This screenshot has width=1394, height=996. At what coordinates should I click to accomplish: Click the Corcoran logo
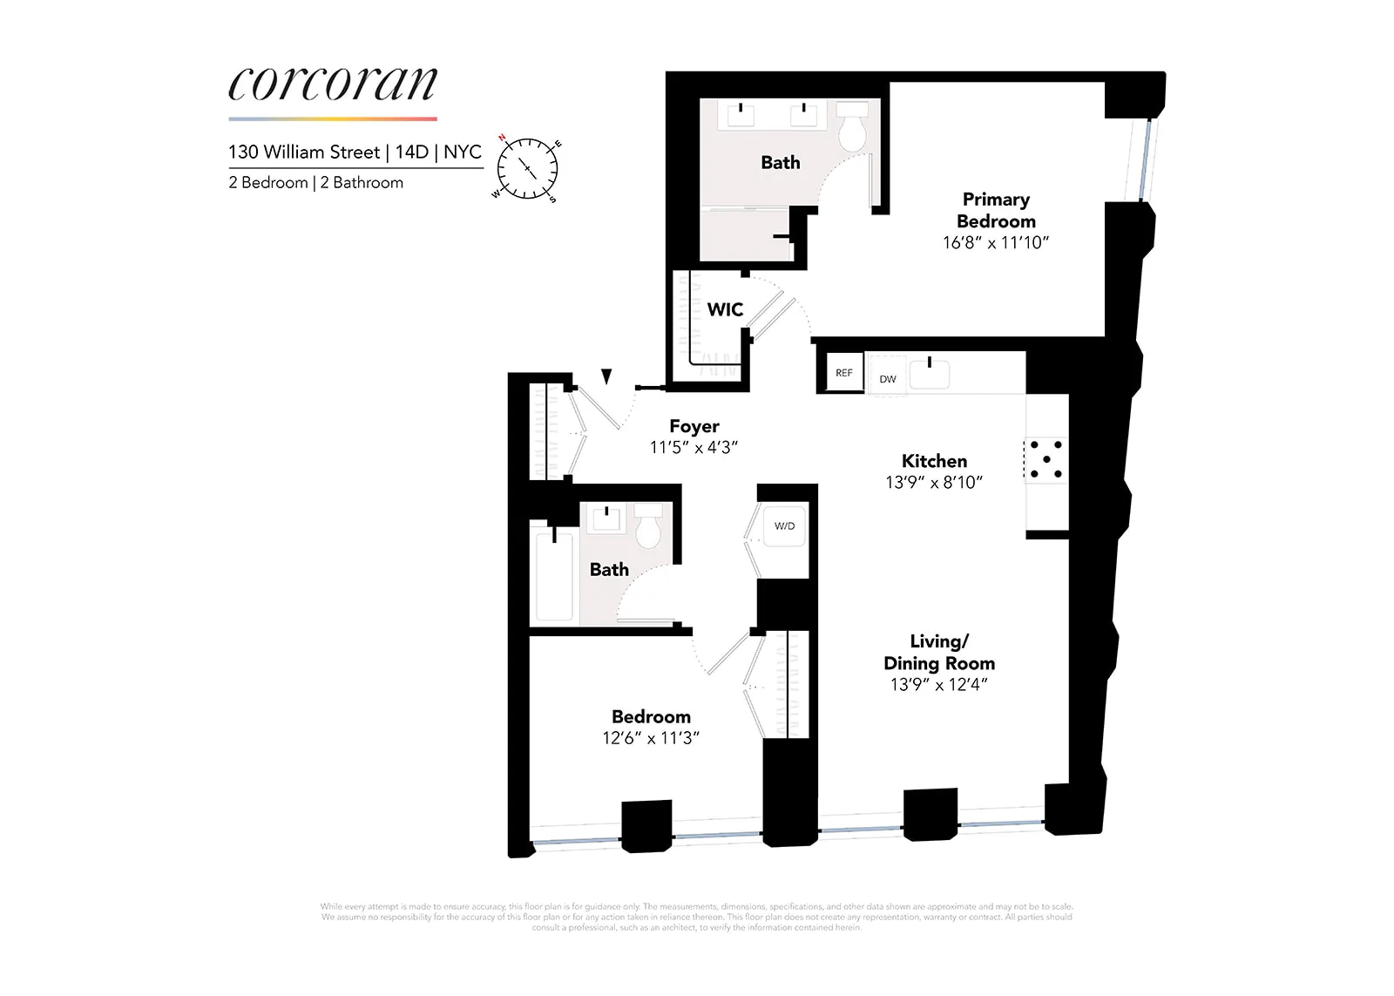coord(333,85)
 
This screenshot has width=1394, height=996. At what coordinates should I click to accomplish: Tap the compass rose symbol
coord(527,167)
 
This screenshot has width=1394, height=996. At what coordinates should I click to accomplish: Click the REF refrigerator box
coord(843,373)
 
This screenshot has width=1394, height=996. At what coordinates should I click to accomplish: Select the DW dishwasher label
coord(887,379)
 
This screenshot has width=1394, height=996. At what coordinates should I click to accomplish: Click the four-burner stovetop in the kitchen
coord(1045,458)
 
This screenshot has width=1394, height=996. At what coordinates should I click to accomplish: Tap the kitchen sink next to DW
coord(930,373)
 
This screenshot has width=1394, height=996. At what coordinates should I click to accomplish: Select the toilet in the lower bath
coord(648,526)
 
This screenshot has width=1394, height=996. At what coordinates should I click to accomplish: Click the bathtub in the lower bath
coord(554,575)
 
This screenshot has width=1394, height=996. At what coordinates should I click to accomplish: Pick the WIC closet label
coord(725,309)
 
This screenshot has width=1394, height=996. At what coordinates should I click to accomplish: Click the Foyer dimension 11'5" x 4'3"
coord(694,448)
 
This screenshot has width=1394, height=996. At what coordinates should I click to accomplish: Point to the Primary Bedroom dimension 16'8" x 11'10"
coord(995,243)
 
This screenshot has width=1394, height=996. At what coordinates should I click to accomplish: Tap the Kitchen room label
coord(934,461)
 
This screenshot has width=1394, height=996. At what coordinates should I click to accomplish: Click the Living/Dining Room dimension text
coord(938,685)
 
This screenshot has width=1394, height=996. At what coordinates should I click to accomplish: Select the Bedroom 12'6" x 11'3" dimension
coord(651,738)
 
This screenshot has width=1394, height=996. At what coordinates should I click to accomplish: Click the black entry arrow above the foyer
coord(606,376)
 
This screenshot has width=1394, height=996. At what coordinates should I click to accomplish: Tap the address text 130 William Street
coord(304,152)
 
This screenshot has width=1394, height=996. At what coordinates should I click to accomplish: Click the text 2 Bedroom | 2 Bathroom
coord(315,183)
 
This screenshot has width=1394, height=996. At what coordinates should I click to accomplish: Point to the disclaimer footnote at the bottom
coord(696,917)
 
